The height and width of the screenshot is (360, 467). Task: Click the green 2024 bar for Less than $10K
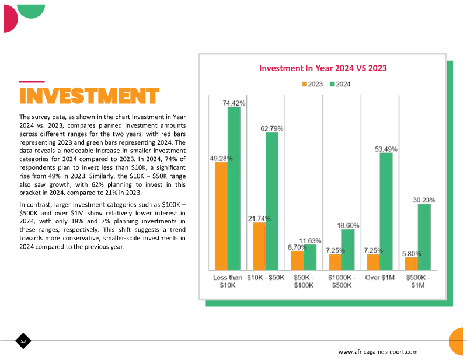tap(234, 188)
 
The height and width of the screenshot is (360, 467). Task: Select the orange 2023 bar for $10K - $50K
tap(259, 246)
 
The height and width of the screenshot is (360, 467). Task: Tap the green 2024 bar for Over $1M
tap(386, 211)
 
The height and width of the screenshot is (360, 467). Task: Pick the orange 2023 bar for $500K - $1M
tap(412, 264)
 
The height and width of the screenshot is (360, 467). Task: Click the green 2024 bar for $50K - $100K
tap(310, 257)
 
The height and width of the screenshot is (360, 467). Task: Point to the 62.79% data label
tap(272, 128)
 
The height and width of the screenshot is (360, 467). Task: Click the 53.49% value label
tap(386, 149)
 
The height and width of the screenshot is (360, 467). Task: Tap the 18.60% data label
tap(348, 226)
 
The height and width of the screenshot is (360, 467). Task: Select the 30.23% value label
tap(424, 200)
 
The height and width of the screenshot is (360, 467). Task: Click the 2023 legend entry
tap(312, 84)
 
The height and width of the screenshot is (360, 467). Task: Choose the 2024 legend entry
tap(340, 84)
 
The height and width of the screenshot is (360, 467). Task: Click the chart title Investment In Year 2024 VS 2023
tap(323, 68)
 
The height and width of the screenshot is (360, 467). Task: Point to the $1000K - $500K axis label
tap(341, 281)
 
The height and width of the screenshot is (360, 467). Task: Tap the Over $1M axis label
tap(380, 278)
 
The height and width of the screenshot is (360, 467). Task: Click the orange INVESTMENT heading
tap(89, 96)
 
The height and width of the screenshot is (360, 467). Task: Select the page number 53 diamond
tap(23, 341)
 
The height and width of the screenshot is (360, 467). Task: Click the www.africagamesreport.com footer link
tap(378, 352)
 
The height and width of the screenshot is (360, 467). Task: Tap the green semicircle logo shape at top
tap(31, 11)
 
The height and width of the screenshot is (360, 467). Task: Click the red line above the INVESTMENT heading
tap(32, 81)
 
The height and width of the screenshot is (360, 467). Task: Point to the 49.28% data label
tap(221, 159)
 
